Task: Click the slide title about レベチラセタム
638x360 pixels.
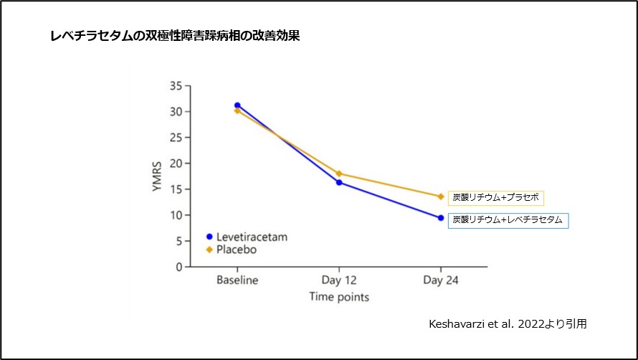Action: pos(175,36)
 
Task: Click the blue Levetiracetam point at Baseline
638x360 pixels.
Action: pos(237,105)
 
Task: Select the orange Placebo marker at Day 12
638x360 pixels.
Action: pos(338,174)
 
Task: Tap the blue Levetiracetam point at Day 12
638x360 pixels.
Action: pos(338,183)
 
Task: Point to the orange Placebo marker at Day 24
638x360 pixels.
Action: pos(440,196)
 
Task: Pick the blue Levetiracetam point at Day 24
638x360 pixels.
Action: pos(440,218)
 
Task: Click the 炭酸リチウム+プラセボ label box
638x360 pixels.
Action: pos(496,197)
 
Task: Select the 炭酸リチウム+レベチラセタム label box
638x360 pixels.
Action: pos(508,220)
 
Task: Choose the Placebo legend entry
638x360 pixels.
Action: pos(231,250)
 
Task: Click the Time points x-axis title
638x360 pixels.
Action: pos(339,295)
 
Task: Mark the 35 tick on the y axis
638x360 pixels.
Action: pos(176,86)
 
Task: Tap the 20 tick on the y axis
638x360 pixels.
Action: pos(176,164)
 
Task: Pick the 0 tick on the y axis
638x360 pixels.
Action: pos(178,267)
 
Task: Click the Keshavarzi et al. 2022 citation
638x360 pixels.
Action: pos(507,323)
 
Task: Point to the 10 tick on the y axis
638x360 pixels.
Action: pos(176,215)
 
